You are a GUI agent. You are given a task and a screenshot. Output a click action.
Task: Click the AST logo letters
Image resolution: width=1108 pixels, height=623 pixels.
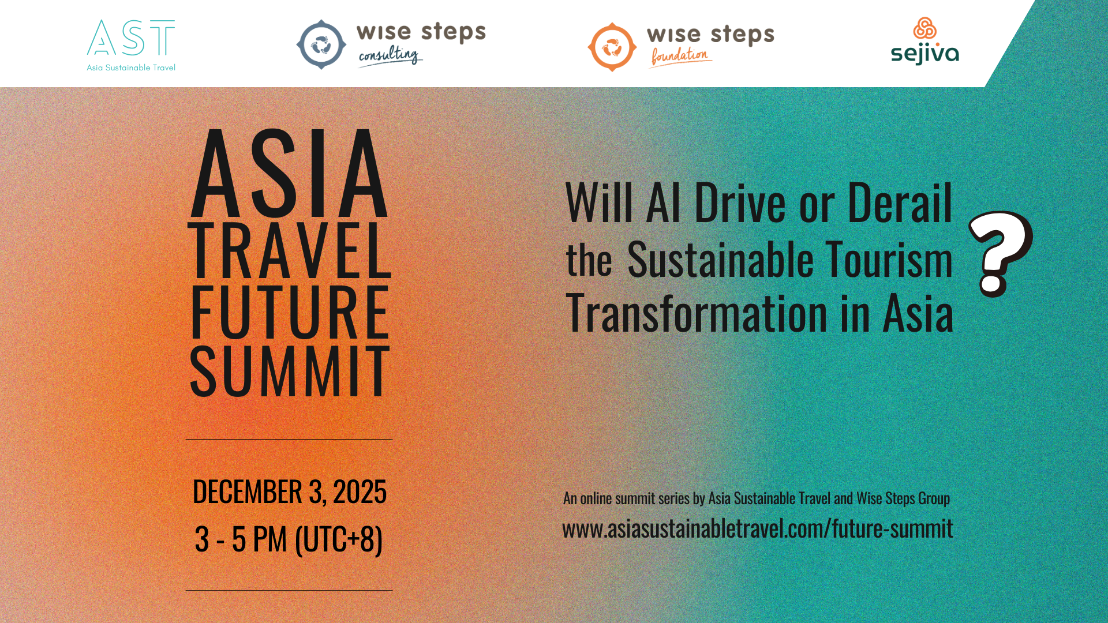pos(131,38)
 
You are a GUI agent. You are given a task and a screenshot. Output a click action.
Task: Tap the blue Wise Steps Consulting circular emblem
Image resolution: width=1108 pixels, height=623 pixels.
pos(321,44)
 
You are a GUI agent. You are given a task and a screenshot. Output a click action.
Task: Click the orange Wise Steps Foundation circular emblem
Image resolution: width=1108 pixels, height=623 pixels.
pos(612,47)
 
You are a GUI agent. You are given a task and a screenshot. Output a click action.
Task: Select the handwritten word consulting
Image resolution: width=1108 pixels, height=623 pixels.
pos(389,55)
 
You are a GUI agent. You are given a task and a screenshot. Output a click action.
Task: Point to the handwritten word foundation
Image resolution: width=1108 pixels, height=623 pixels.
pos(680,56)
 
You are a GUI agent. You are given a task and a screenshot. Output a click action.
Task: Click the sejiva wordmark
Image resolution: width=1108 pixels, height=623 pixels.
pos(924,54)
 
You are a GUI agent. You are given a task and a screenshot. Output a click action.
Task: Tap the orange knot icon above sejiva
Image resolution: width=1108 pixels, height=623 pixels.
pos(924,28)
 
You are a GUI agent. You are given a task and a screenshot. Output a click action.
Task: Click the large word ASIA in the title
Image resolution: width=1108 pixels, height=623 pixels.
pos(289,174)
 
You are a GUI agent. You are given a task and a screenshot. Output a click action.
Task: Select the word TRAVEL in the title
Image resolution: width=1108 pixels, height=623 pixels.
pos(290,252)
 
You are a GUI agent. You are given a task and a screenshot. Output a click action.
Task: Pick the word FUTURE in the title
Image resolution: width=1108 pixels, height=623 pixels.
pos(290,312)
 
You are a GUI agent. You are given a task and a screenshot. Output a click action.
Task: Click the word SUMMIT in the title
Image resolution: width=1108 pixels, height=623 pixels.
pos(290,372)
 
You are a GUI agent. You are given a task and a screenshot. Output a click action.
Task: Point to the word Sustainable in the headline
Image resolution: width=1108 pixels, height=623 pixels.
pos(720,260)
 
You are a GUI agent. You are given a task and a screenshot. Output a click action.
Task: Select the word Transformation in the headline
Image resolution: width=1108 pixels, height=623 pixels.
pos(697,314)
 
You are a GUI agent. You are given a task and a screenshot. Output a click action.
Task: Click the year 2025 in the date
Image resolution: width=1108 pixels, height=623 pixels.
pos(360,492)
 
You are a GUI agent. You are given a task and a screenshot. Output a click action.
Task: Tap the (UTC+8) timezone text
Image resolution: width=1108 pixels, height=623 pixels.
pos(338,540)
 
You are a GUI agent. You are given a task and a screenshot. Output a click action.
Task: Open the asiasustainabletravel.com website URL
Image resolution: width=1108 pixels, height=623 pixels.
pos(757,528)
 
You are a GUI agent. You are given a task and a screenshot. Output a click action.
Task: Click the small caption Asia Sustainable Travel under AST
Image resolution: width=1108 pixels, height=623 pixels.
pos(131,67)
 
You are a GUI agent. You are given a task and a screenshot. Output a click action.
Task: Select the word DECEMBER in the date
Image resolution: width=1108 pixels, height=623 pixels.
pos(247,492)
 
